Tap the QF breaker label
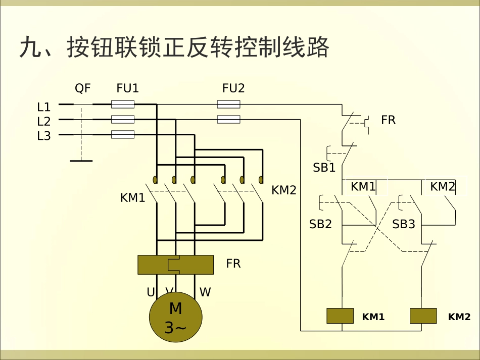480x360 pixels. (x=83, y=88)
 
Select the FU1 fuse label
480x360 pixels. (x=127, y=88)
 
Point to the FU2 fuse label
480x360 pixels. (x=233, y=88)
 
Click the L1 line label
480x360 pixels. (x=44, y=107)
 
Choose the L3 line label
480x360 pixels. (x=44, y=136)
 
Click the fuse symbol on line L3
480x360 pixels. (x=122, y=135)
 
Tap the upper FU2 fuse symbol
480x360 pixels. (x=228, y=105)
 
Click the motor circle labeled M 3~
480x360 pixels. (x=175, y=317)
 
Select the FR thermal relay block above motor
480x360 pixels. (x=175, y=265)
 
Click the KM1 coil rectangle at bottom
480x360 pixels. (x=340, y=316)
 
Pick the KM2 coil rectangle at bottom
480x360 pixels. (x=423, y=316)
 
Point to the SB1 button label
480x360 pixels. (x=324, y=168)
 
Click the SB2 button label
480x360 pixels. (x=320, y=224)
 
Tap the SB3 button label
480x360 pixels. (x=403, y=224)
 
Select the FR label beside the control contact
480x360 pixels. (x=388, y=120)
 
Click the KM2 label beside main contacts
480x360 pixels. (x=284, y=190)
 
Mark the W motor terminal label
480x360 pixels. (x=205, y=292)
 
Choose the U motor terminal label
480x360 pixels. (x=151, y=292)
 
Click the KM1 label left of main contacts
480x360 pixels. (x=132, y=198)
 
